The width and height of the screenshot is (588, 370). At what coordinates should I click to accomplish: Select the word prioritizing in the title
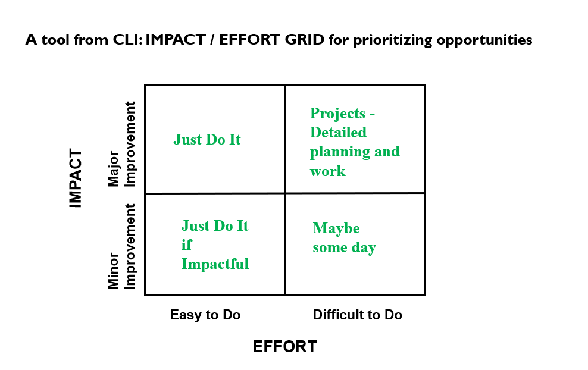[x=393, y=40]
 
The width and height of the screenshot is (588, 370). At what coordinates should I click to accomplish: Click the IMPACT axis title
[x=76, y=178]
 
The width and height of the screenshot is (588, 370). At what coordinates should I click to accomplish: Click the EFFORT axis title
[x=284, y=346]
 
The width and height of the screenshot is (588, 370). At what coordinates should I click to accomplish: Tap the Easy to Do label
[x=205, y=315]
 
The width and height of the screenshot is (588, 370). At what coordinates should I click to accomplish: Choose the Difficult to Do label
[x=357, y=315]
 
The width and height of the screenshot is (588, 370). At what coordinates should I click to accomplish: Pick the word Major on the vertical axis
[x=113, y=169]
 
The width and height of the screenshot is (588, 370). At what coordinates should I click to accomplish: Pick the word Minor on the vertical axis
[x=113, y=271]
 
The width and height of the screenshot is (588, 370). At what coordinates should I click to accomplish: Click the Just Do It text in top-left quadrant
[x=207, y=139]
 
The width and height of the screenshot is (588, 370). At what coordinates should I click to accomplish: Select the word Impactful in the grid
[x=215, y=264]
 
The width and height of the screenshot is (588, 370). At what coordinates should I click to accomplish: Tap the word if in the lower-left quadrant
[x=186, y=244]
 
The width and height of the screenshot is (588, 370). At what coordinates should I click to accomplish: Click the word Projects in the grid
[x=337, y=114]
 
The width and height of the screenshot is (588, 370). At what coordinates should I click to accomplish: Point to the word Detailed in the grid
[x=338, y=132]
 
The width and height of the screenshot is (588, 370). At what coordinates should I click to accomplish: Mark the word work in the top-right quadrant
[x=327, y=171]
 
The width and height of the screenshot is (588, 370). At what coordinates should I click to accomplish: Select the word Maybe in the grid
[x=336, y=228]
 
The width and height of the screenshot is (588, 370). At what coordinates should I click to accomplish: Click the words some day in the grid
[x=344, y=247]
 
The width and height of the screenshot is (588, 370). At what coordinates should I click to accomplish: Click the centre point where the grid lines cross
[x=286, y=193]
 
